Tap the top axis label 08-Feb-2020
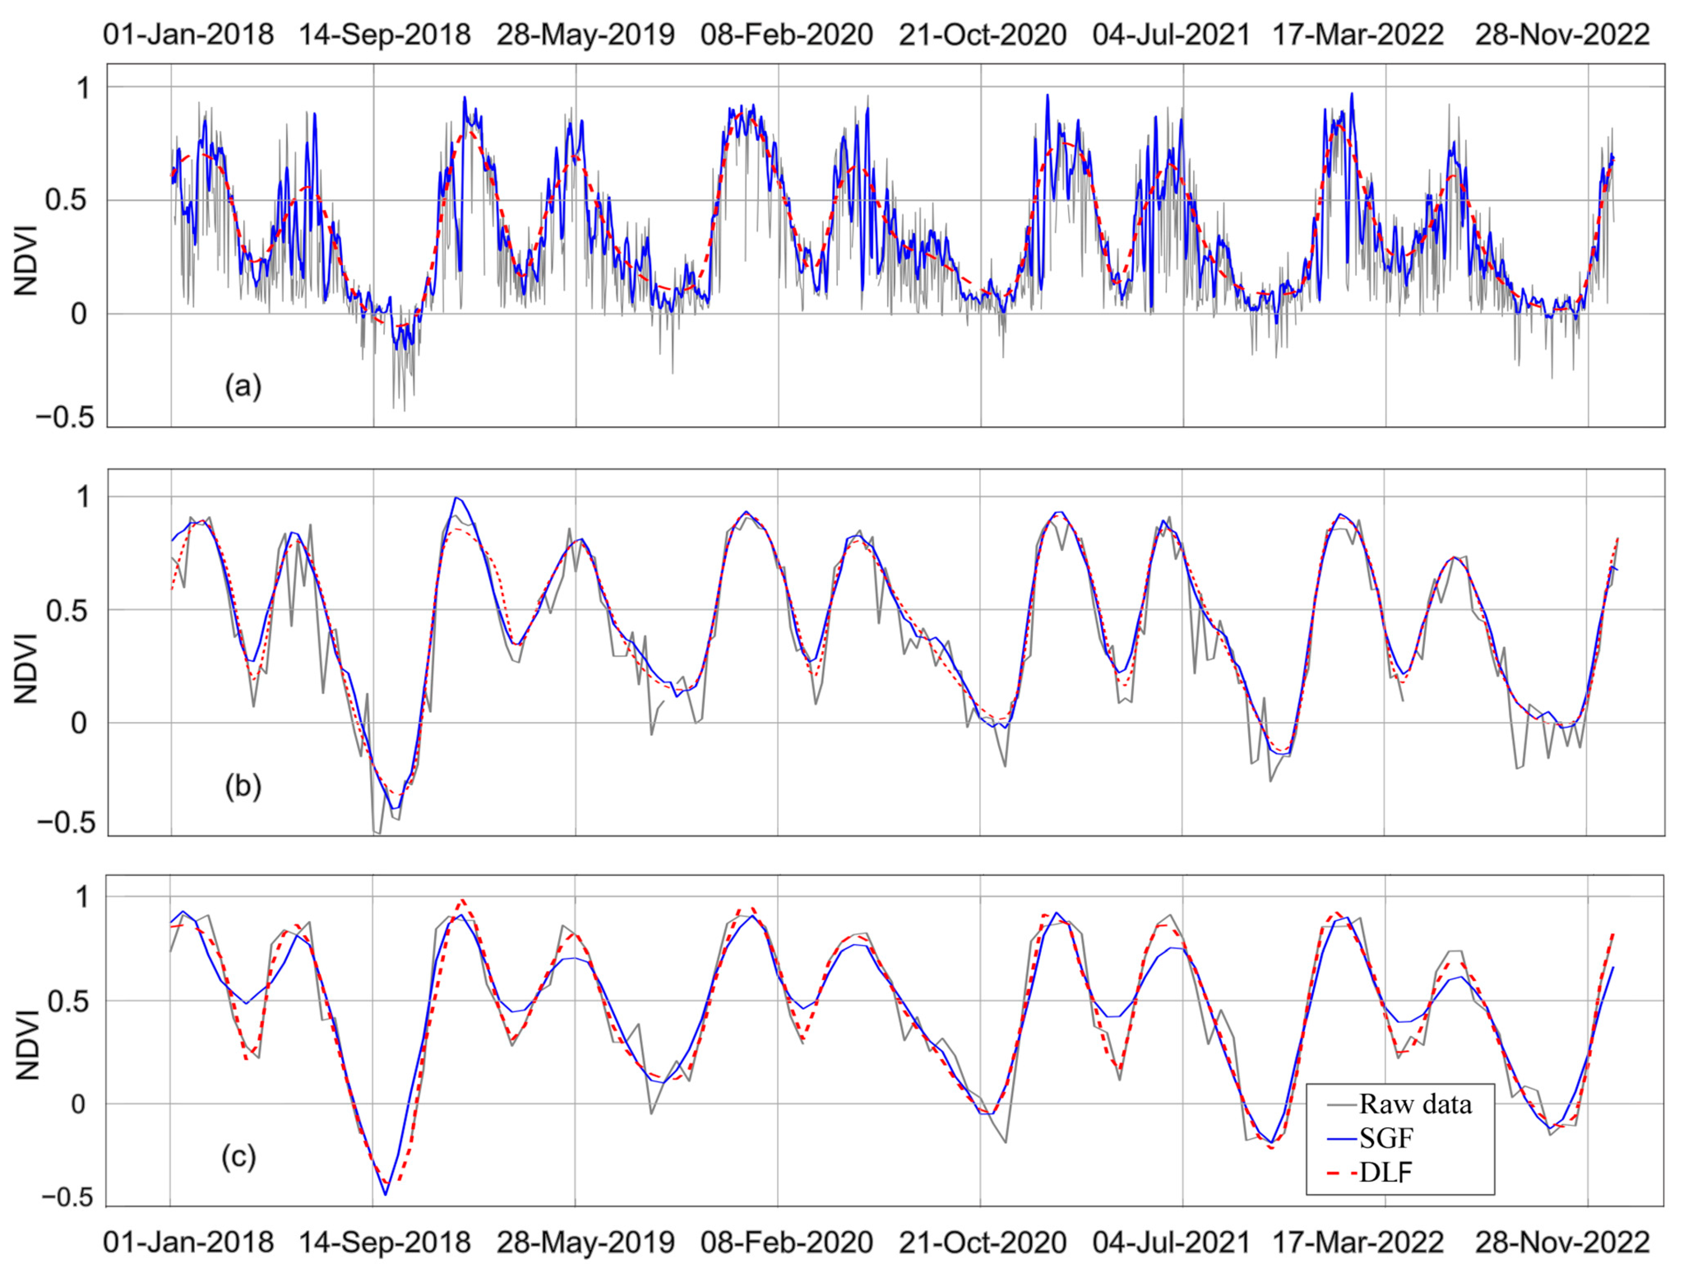point(786,34)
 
